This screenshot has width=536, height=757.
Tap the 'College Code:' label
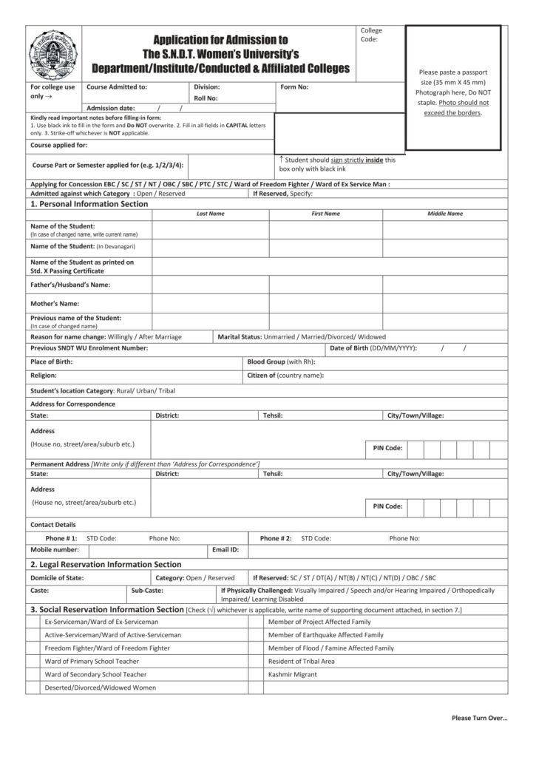point(371,34)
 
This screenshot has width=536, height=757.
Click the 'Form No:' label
point(295,87)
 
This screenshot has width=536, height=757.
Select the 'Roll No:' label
point(206,98)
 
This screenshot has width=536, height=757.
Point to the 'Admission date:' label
point(111,108)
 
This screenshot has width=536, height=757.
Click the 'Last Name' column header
point(211,214)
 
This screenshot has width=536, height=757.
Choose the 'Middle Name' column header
point(445,214)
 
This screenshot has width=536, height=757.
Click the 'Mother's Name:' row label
point(54,303)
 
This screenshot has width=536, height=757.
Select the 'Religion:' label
point(44,376)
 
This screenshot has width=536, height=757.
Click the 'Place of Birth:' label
point(51,362)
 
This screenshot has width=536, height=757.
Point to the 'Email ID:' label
point(225,550)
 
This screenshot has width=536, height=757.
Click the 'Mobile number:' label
point(55,550)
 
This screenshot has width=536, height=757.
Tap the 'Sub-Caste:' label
point(147,591)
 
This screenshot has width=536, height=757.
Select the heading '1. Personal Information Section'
point(89,203)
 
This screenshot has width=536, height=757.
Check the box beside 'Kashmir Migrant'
point(256,674)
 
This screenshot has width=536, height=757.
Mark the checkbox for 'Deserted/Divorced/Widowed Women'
point(33,688)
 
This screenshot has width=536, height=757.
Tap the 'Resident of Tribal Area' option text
point(301,661)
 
